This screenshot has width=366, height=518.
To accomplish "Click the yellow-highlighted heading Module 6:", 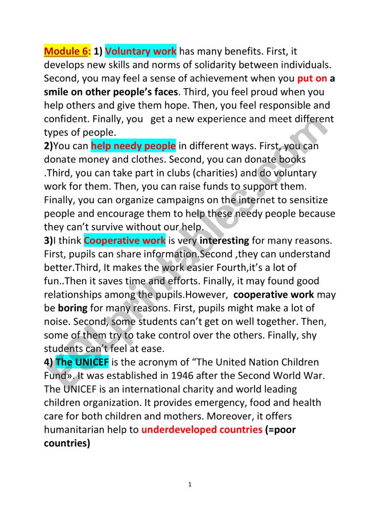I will pos(67,52).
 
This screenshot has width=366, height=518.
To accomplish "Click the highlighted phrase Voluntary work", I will pos(141,52).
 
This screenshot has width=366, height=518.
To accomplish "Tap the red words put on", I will pos(312,79).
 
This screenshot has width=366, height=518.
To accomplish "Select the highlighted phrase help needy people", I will pos(133,146).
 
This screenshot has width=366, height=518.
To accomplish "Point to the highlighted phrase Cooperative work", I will pos(124,241).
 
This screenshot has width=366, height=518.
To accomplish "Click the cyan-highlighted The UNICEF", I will pos(82,362).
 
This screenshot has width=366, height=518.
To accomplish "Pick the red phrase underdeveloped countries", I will pos(202,430).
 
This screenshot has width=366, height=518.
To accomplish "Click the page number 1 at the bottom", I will pos(189,485).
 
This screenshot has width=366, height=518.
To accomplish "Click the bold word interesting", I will pos(224,241).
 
